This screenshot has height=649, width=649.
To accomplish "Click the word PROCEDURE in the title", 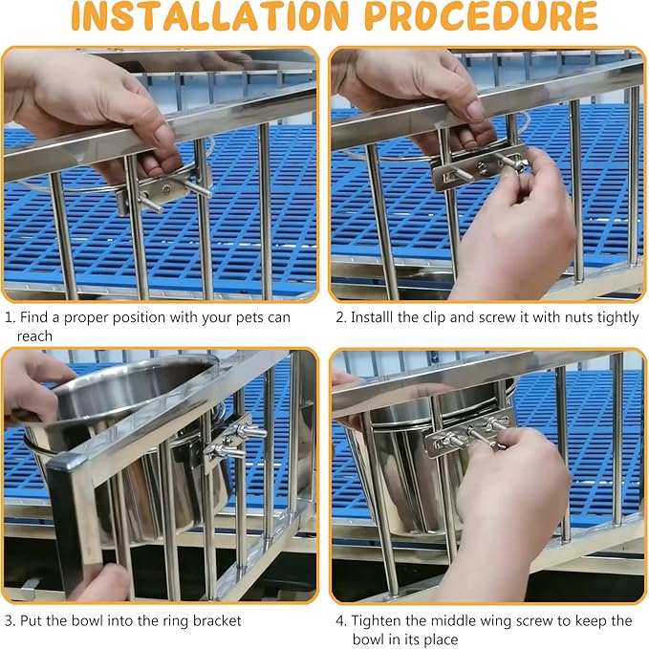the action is point(482,16).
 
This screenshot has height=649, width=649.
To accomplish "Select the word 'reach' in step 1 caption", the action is point(34,336).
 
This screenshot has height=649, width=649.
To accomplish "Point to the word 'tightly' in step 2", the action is point(617,318).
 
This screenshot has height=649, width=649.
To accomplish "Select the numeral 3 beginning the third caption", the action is point(10,621).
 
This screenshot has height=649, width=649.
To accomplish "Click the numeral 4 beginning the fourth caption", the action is point(340,621).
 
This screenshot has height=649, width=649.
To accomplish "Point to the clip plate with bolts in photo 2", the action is point(479,167).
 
